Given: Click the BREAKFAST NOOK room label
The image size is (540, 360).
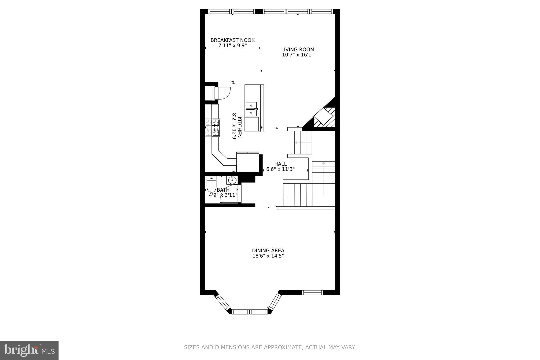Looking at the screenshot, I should [x=232, y=40].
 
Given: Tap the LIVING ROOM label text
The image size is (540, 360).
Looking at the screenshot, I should [x=297, y=49].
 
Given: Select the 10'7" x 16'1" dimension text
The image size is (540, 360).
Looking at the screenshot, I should [x=297, y=55].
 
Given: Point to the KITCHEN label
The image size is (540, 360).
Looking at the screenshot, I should [x=239, y=127].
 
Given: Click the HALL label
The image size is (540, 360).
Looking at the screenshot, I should [x=280, y=164].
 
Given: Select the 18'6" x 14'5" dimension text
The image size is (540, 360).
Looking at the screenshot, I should [x=268, y=256].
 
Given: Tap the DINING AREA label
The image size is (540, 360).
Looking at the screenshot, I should [x=268, y=250].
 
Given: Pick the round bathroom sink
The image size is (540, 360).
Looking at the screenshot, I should [x=232, y=180].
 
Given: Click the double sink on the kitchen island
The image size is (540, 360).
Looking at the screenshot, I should [x=251, y=109].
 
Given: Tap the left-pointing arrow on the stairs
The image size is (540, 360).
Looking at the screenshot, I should [x=296, y=143].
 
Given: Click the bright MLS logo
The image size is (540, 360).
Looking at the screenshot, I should [x=29, y=350].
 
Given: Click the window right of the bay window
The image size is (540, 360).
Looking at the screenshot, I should [x=312, y=292].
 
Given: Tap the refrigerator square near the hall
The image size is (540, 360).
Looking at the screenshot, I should [x=248, y=162].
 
